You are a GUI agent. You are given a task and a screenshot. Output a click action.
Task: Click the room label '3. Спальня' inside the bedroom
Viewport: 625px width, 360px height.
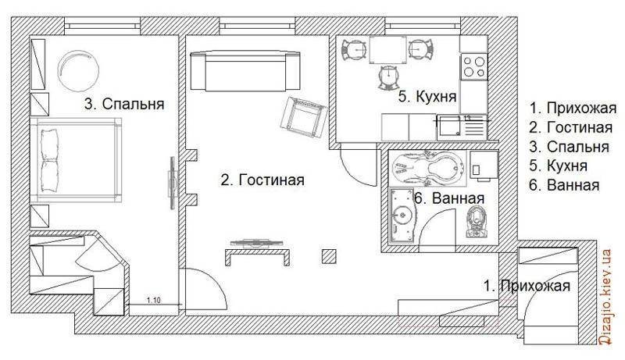coord(124,104)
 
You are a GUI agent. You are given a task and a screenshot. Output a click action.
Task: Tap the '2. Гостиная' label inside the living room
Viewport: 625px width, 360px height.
coord(262,180)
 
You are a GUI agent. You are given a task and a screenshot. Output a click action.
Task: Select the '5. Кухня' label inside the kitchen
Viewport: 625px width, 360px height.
coord(427,96)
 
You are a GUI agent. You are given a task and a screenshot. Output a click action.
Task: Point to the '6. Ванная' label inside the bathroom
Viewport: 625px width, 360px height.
coord(450,198)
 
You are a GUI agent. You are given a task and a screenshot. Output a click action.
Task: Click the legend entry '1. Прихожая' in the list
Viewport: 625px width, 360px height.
coord(573,108)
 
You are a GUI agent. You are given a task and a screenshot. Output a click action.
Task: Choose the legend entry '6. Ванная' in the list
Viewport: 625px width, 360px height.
coord(564,185)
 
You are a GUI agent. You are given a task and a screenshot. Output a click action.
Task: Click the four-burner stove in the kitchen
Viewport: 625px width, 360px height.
coord(474,66)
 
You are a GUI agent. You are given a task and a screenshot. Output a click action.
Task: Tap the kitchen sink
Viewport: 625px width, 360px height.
coord(462,127)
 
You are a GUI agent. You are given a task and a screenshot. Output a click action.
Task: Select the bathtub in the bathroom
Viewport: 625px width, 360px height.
coord(427,168)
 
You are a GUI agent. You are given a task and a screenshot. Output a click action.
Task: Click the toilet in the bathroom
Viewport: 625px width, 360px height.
coord(477,223)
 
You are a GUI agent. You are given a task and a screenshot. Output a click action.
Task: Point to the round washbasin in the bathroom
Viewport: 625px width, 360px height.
coord(402,216)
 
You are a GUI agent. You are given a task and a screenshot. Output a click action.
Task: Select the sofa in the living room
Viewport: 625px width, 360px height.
coord(245,70)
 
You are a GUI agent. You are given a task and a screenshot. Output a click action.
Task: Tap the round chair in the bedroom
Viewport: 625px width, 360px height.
coord(78,68)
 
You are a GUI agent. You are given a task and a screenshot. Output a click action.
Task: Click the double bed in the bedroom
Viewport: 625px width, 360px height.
coord(76,160)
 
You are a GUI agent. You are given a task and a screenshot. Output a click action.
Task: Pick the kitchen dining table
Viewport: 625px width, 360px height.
coord(387,50)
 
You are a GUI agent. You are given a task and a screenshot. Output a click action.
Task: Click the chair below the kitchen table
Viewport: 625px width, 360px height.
coord(387,77)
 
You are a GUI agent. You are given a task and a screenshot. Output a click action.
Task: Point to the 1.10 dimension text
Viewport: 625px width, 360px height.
coord(153,301)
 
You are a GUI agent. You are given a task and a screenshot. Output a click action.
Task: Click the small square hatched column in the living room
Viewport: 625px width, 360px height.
coord(329,257)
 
